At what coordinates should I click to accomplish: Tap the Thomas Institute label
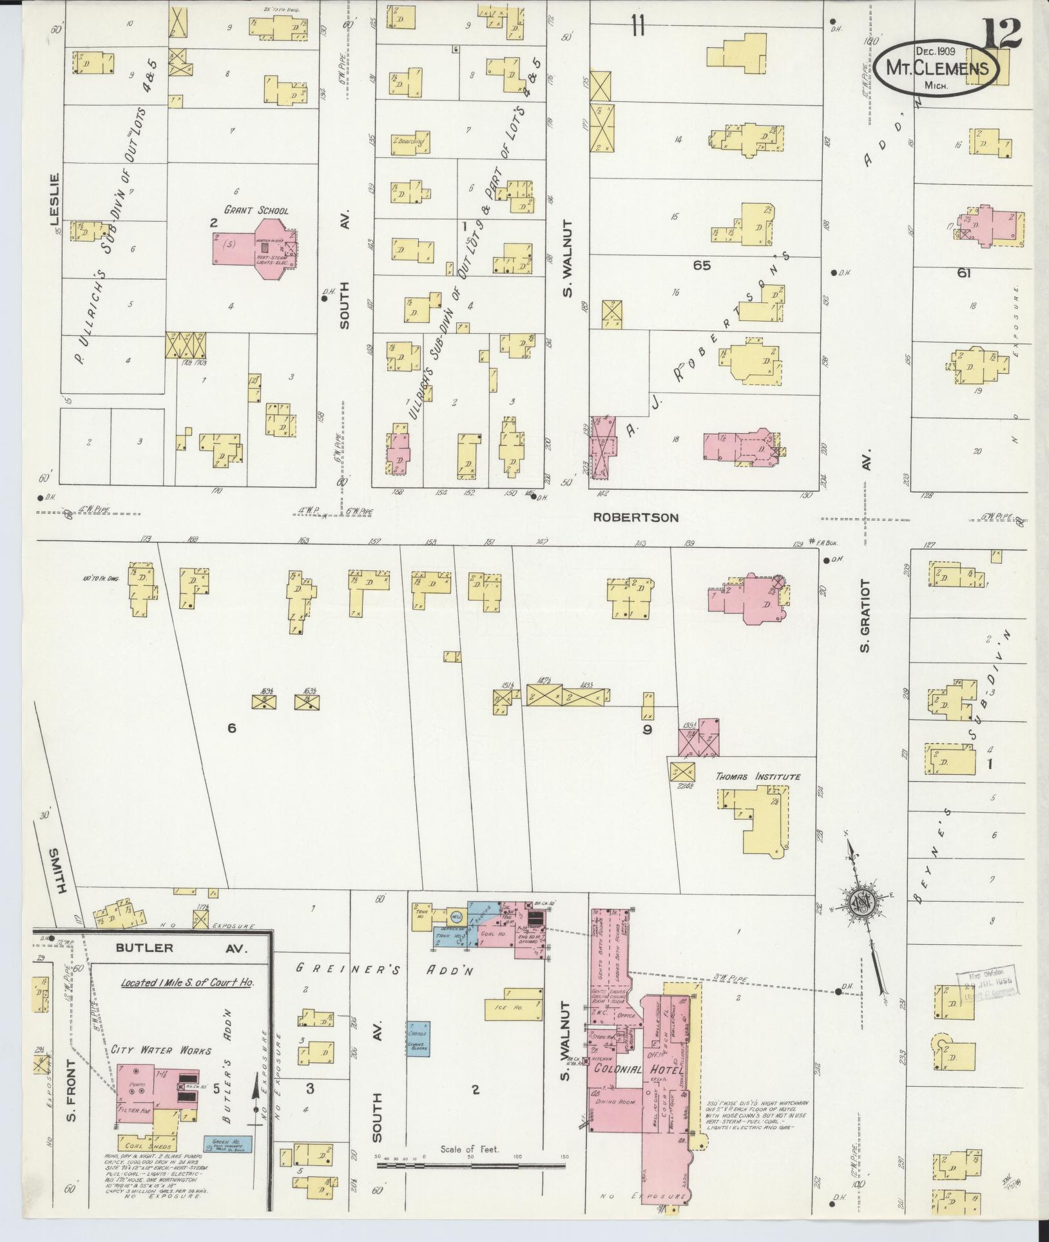click(x=758, y=777)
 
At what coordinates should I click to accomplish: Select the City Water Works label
click(x=160, y=1050)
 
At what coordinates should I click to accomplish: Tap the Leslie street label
click(x=54, y=199)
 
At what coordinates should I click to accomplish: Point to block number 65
click(x=701, y=265)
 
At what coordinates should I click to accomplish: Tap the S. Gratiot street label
click(x=865, y=615)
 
